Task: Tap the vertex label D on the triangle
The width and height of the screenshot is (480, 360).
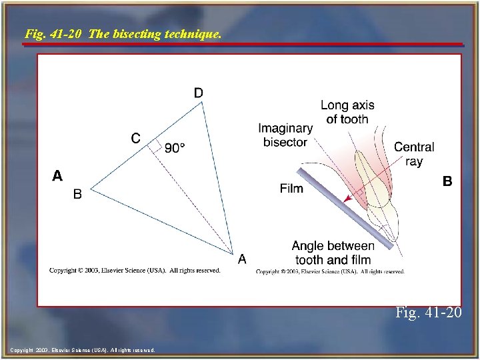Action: coord(199,93)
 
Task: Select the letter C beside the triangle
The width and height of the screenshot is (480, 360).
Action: coord(135,138)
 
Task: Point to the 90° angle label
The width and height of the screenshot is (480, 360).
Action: coord(175,149)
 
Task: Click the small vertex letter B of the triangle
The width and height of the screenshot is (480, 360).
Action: coord(77,195)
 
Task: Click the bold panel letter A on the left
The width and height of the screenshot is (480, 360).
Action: coord(58,176)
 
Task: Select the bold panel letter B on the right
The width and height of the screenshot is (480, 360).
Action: coord(447,181)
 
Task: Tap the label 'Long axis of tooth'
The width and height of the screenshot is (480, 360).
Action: coord(347,112)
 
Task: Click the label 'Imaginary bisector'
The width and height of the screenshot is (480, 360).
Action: coord(285,135)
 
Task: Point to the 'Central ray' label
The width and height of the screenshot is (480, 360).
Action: coord(414,154)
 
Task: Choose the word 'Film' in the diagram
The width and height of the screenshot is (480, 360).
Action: coord(291,189)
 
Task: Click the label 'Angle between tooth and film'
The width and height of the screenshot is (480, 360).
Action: coord(333,253)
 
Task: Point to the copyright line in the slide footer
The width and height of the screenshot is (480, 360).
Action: coord(83,349)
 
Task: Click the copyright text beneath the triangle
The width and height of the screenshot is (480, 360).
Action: coord(135,270)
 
